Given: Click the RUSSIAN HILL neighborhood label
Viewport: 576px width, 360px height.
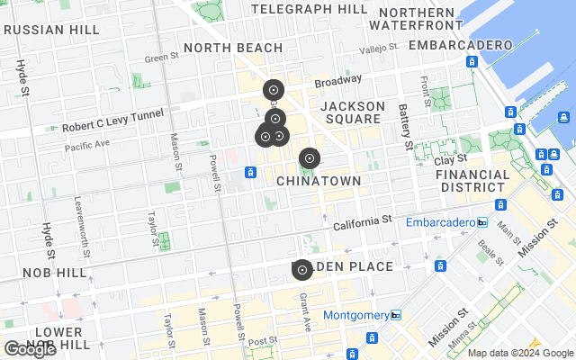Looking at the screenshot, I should pos(50,29).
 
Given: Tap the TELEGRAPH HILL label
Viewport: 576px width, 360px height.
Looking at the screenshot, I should pos(309,9).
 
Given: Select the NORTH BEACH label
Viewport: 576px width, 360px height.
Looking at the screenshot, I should pos(227,47).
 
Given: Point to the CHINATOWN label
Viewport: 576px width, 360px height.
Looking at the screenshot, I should pos(319,181).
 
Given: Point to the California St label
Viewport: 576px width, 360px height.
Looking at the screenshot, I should pos(363,220).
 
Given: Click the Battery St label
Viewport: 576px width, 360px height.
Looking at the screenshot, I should pos(406,126).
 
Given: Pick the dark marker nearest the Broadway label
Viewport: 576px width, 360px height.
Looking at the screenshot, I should pos(274,90).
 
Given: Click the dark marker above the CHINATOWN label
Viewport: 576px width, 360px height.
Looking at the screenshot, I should pos(309,158).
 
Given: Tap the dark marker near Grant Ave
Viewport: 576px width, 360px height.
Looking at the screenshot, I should pos(301,270).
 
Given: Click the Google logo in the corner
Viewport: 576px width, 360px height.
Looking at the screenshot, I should pos(30,350).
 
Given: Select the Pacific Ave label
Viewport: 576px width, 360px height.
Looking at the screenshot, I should pos(86,144).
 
